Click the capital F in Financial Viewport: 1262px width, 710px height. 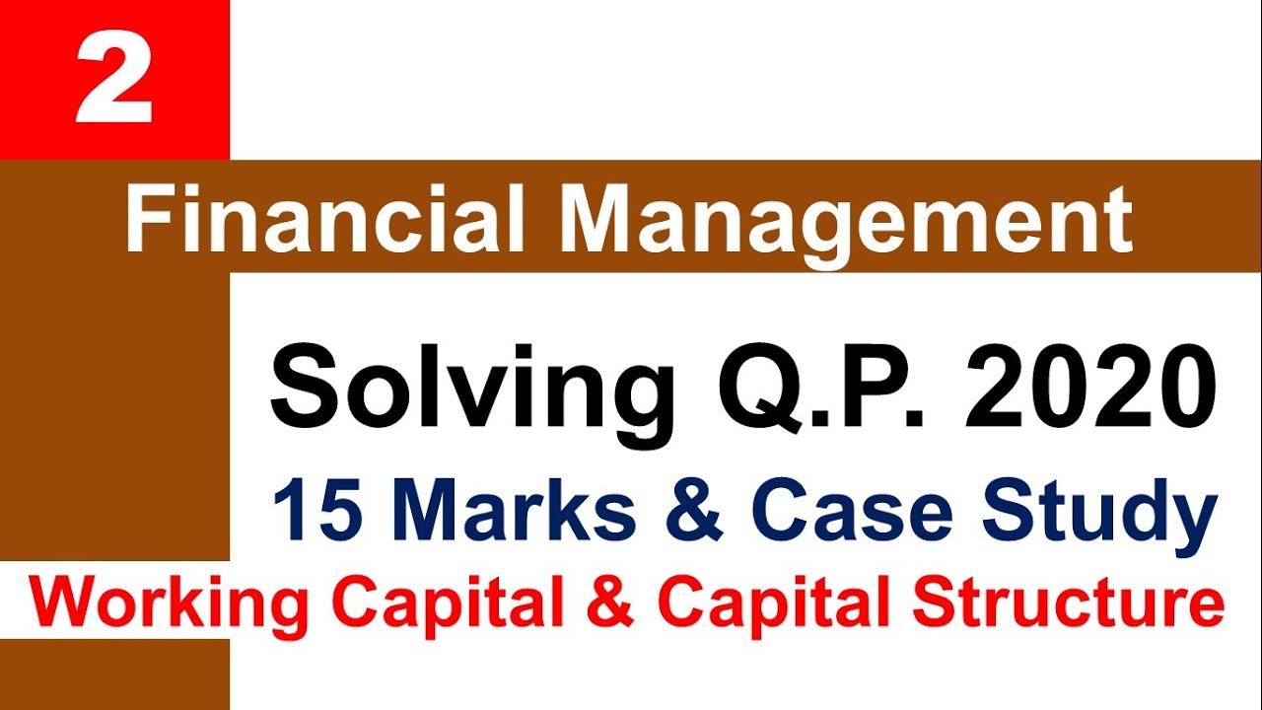145,219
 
